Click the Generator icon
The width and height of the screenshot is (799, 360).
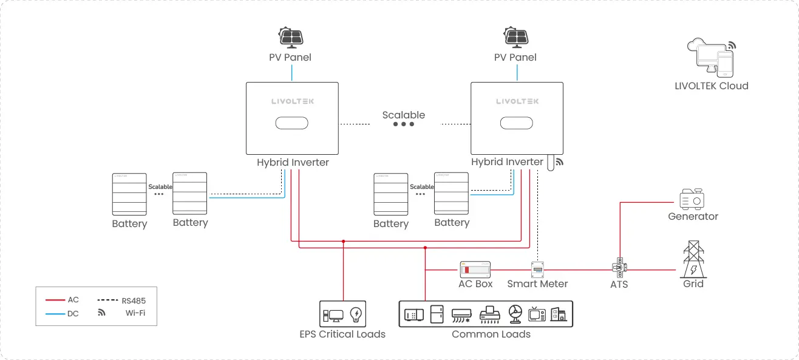tap(693, 199)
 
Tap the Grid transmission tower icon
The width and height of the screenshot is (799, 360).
tap(693, 259)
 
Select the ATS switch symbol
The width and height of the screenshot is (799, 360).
tap(619, 267)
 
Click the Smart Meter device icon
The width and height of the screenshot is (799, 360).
tap(537, 269)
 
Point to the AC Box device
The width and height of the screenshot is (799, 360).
tap(474, 268)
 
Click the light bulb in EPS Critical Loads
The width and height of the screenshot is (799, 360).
tap(356, 315)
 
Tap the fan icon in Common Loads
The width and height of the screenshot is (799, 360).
tap(515, 314)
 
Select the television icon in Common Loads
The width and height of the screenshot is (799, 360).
tap(537, 314)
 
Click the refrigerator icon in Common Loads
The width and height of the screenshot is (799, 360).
tap(437, 314)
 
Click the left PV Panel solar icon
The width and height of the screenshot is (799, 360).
tap(290, 37)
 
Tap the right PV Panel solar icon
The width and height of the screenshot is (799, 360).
tap(515, 37)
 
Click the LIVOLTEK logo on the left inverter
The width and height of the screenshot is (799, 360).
tap(292, 101)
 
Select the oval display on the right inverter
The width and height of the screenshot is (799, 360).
tap(517, 123)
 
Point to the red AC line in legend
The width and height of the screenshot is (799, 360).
tap(55, 300)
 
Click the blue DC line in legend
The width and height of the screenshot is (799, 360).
tap(55, 313)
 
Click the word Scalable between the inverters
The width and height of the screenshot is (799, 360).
tap(403, 115)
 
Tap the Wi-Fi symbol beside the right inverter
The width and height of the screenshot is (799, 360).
tap(560, 162)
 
